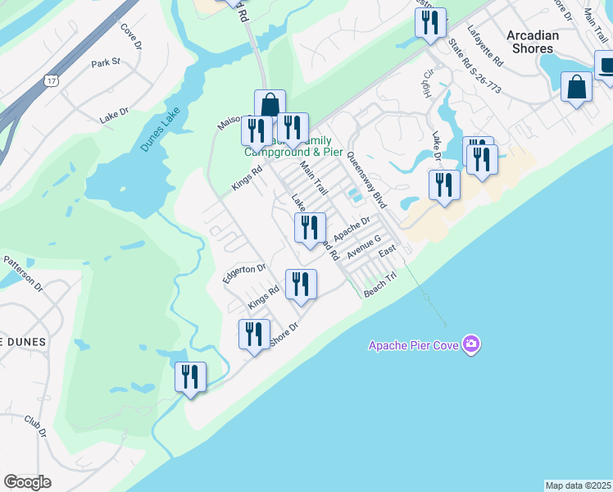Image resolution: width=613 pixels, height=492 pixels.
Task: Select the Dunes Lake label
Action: click(x=159, y=131)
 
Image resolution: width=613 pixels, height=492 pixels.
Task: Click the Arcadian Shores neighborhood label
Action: click(x=532, y=42)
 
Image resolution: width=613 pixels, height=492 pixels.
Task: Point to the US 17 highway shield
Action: click(x=51, y=80)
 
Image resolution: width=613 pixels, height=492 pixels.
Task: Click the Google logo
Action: click(x=27, y=482)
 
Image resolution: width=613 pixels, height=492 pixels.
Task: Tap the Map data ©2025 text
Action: click(x=578, y=485)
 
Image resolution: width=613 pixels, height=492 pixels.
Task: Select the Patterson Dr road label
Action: click(x=23, y=272)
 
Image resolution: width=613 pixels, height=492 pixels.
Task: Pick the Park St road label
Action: click(x=106, y=62)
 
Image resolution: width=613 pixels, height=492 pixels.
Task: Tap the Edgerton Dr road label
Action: click(x=244, y=274)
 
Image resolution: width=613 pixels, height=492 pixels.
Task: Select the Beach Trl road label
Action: click(x=380, y=285)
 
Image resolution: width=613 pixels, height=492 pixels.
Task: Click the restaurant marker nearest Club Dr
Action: click(x=191, y=378)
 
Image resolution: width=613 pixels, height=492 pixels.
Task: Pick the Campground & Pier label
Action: click(x=293, y=152)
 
